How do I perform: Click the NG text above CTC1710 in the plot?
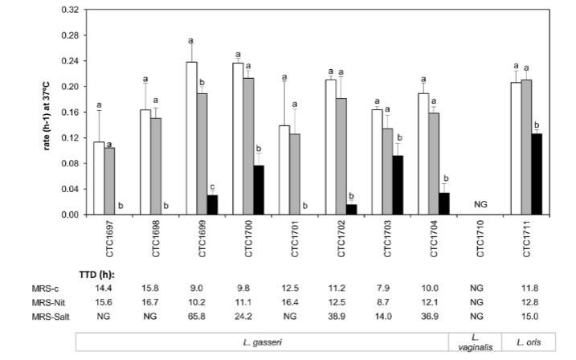[481, 204]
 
